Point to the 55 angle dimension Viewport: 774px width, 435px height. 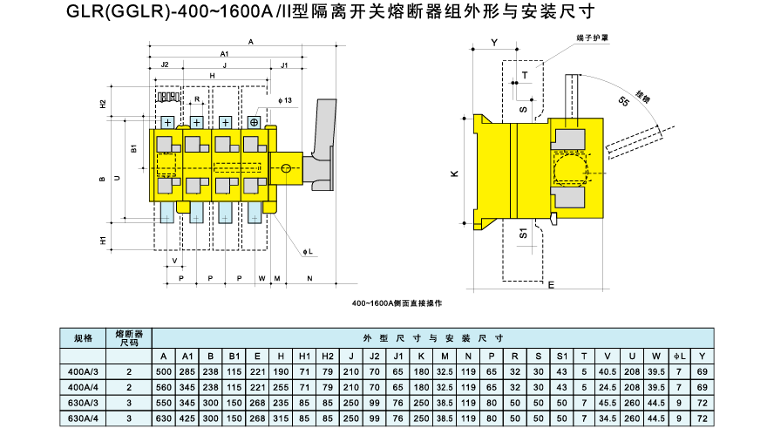[x=624, y=101]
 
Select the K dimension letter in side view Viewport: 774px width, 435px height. [x=454, y=174]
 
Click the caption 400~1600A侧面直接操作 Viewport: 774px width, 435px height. [x=397, y=302]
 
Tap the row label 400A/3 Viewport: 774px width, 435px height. [x=83, y=371]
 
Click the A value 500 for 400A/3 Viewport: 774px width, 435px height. [x=164, y=371]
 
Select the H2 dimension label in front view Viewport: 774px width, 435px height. [x=103, y=103]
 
